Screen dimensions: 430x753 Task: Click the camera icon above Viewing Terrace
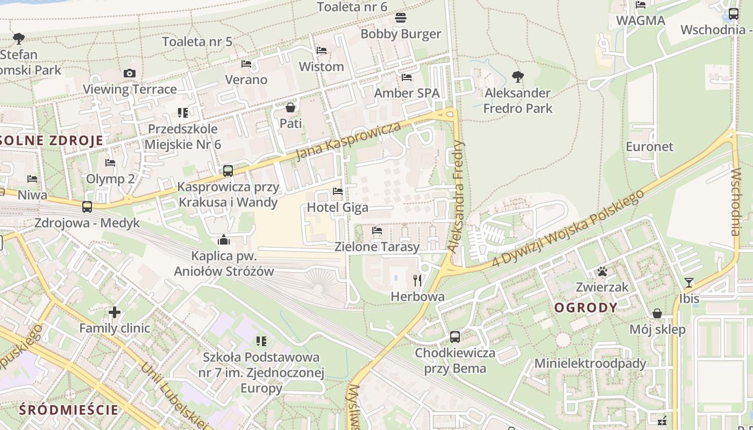130,74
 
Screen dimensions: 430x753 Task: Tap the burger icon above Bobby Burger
400,18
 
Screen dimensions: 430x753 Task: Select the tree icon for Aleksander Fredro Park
518,77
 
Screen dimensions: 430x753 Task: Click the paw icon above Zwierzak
602,272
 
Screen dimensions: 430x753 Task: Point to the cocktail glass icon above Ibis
689,283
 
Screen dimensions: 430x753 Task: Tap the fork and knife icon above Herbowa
417,280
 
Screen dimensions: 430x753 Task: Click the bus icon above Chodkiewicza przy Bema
455,337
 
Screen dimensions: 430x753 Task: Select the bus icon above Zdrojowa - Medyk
87,207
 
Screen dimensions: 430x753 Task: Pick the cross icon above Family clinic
115,312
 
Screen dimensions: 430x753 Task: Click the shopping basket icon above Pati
290,107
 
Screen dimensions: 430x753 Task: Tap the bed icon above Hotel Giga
338,191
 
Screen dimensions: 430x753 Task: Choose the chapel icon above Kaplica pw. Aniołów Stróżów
224,240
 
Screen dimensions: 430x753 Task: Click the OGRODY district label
586,308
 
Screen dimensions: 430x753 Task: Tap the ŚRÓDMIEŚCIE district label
69,410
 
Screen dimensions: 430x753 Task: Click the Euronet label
649,146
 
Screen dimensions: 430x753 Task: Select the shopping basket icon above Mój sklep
657,313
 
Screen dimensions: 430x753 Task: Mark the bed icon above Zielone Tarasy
377,231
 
